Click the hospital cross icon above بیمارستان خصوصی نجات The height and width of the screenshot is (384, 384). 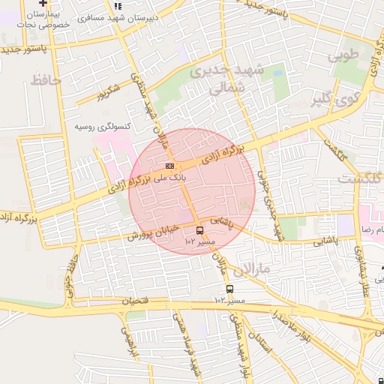point(43,4)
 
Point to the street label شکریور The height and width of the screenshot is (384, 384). point(107,92)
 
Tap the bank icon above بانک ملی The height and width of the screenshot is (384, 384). point(170,166)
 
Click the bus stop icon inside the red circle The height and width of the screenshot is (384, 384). point(199,230)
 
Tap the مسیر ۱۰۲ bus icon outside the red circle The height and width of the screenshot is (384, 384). point(229,289)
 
